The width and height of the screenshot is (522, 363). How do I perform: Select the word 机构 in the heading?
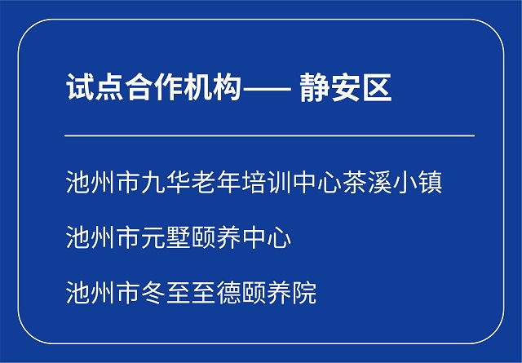click(212, 87)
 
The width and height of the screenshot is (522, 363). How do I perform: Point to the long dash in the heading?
click(268, 89)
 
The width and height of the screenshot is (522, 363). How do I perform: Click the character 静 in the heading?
click(313, 88)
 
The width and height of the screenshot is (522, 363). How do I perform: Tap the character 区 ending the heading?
click(377, 88)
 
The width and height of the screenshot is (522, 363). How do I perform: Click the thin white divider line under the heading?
click(269, 135)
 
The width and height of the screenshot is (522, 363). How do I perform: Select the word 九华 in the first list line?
click(166, 182)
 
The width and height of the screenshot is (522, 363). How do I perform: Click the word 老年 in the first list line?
click(216, 182)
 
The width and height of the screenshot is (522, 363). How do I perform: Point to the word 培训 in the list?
click(267, 182)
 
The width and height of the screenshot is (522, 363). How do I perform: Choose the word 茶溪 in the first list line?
click(367, 182)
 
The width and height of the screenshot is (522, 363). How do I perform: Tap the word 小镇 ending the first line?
click(418, 182)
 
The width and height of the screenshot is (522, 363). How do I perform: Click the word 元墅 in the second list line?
click(166, 237)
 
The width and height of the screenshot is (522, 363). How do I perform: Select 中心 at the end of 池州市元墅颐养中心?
click(267, 237)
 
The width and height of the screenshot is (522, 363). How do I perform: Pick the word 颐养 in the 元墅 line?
click(216, 237)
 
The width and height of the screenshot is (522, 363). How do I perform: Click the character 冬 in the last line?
click(153, 292)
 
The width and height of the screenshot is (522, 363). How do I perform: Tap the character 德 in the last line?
click(228, 292)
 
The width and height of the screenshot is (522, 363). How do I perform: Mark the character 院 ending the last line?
click(304, 292)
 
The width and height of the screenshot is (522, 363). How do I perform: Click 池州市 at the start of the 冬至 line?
click(104, 292)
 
